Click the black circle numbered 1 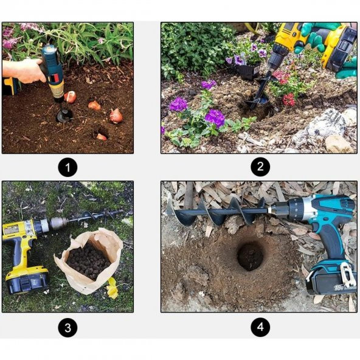click(67, 167)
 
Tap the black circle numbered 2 click(260, 167)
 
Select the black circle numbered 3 click(67, 327)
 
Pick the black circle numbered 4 click(260, 327)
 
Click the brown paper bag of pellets click(88, 261)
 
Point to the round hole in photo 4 click(251, 255)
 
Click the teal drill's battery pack click(331, 279)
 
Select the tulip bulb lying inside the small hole click(101, 137)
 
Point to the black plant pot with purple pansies click(249, 71)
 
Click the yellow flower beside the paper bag click(112, 288)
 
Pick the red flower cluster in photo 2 click(289, 100)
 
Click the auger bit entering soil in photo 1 click(64, 113)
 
